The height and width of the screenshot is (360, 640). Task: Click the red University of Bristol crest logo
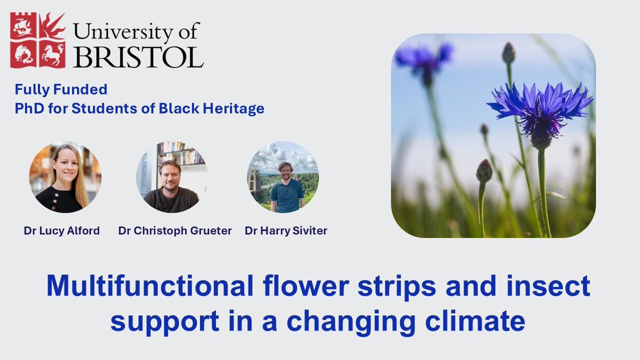click(38, 41)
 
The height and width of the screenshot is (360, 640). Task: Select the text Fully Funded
click(61, 89)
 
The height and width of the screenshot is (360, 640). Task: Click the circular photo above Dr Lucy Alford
click(65, 177)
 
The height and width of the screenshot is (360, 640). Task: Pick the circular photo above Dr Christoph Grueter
click(172, 177)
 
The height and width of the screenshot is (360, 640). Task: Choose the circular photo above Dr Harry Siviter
click(283, 177)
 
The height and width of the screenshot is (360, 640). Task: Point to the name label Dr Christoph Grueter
click(175, 231)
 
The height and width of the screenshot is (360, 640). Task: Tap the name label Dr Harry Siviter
click(286, 231)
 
